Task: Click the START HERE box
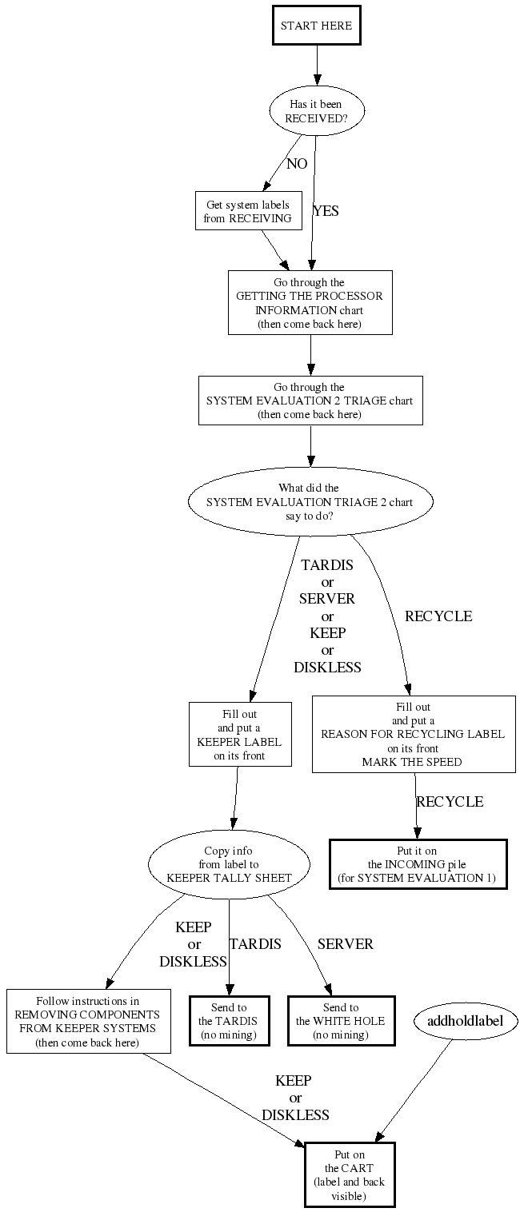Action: (x=317, y=26)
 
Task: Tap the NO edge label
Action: (x=297, y=164)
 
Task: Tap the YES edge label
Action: (x=326, y=211)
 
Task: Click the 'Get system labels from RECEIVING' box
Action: (x=248, y=211)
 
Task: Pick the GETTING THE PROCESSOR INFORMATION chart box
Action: (x=310, y=303)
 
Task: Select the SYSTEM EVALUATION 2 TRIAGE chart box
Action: (x=310, y=401)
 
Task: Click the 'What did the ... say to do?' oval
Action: (x=310, y=501)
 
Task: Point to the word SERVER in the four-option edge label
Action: (x=327, y=598)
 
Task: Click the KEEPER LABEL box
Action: (x=240, y=734)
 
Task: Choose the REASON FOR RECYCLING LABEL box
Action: (x=413, y=734)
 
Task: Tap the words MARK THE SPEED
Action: (x=412, y=762)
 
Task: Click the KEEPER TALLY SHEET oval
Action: (x=229, y=864)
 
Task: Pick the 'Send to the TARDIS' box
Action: (x=229, y=1019)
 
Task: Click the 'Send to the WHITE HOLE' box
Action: (x=341, y=1019)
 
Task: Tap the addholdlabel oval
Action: (x=466, y=1020)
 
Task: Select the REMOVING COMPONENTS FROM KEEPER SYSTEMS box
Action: (x=89, y=1021)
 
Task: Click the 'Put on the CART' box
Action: (x=350, y=1174)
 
